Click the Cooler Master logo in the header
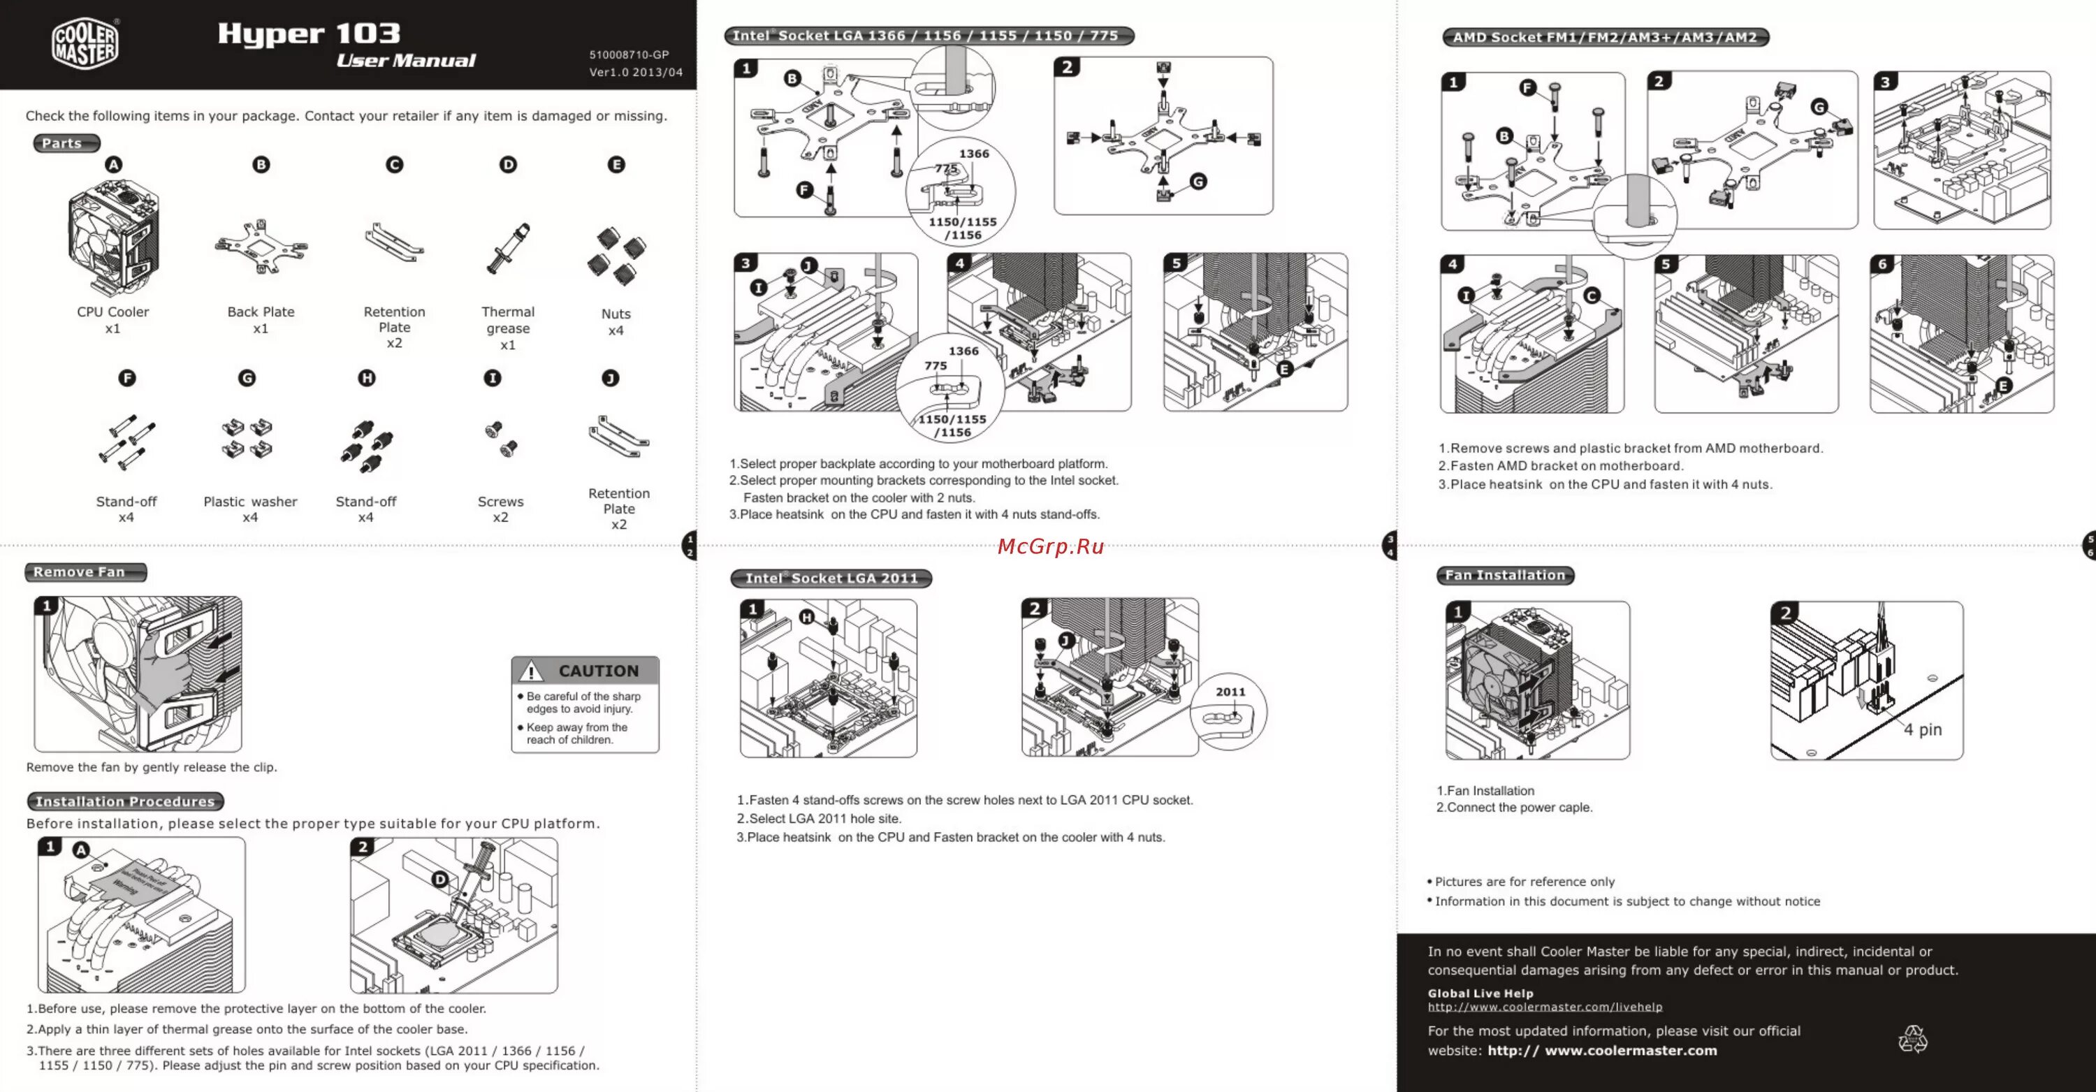[85, 44]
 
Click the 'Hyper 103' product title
[310, 34]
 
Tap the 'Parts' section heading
[64, 143]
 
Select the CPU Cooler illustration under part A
[113, 238]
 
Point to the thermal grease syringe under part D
[509, 248]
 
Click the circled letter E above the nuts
[616, 164]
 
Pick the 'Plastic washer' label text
[250, 501]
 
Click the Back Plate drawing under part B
[261, 247]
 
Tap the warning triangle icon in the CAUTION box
[531, 671]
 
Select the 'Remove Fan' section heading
[80, 572]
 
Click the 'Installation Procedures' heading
[124, 801]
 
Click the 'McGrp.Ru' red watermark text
[1050, 546]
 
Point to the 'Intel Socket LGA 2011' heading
[831, 578]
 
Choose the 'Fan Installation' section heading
[1504, 575]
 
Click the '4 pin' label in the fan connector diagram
[1922, 730]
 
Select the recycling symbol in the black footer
[1913, 1039]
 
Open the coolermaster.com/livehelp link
[1544, 1007]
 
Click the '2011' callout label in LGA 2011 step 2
[1230, 692]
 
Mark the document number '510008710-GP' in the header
[629, 54]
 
